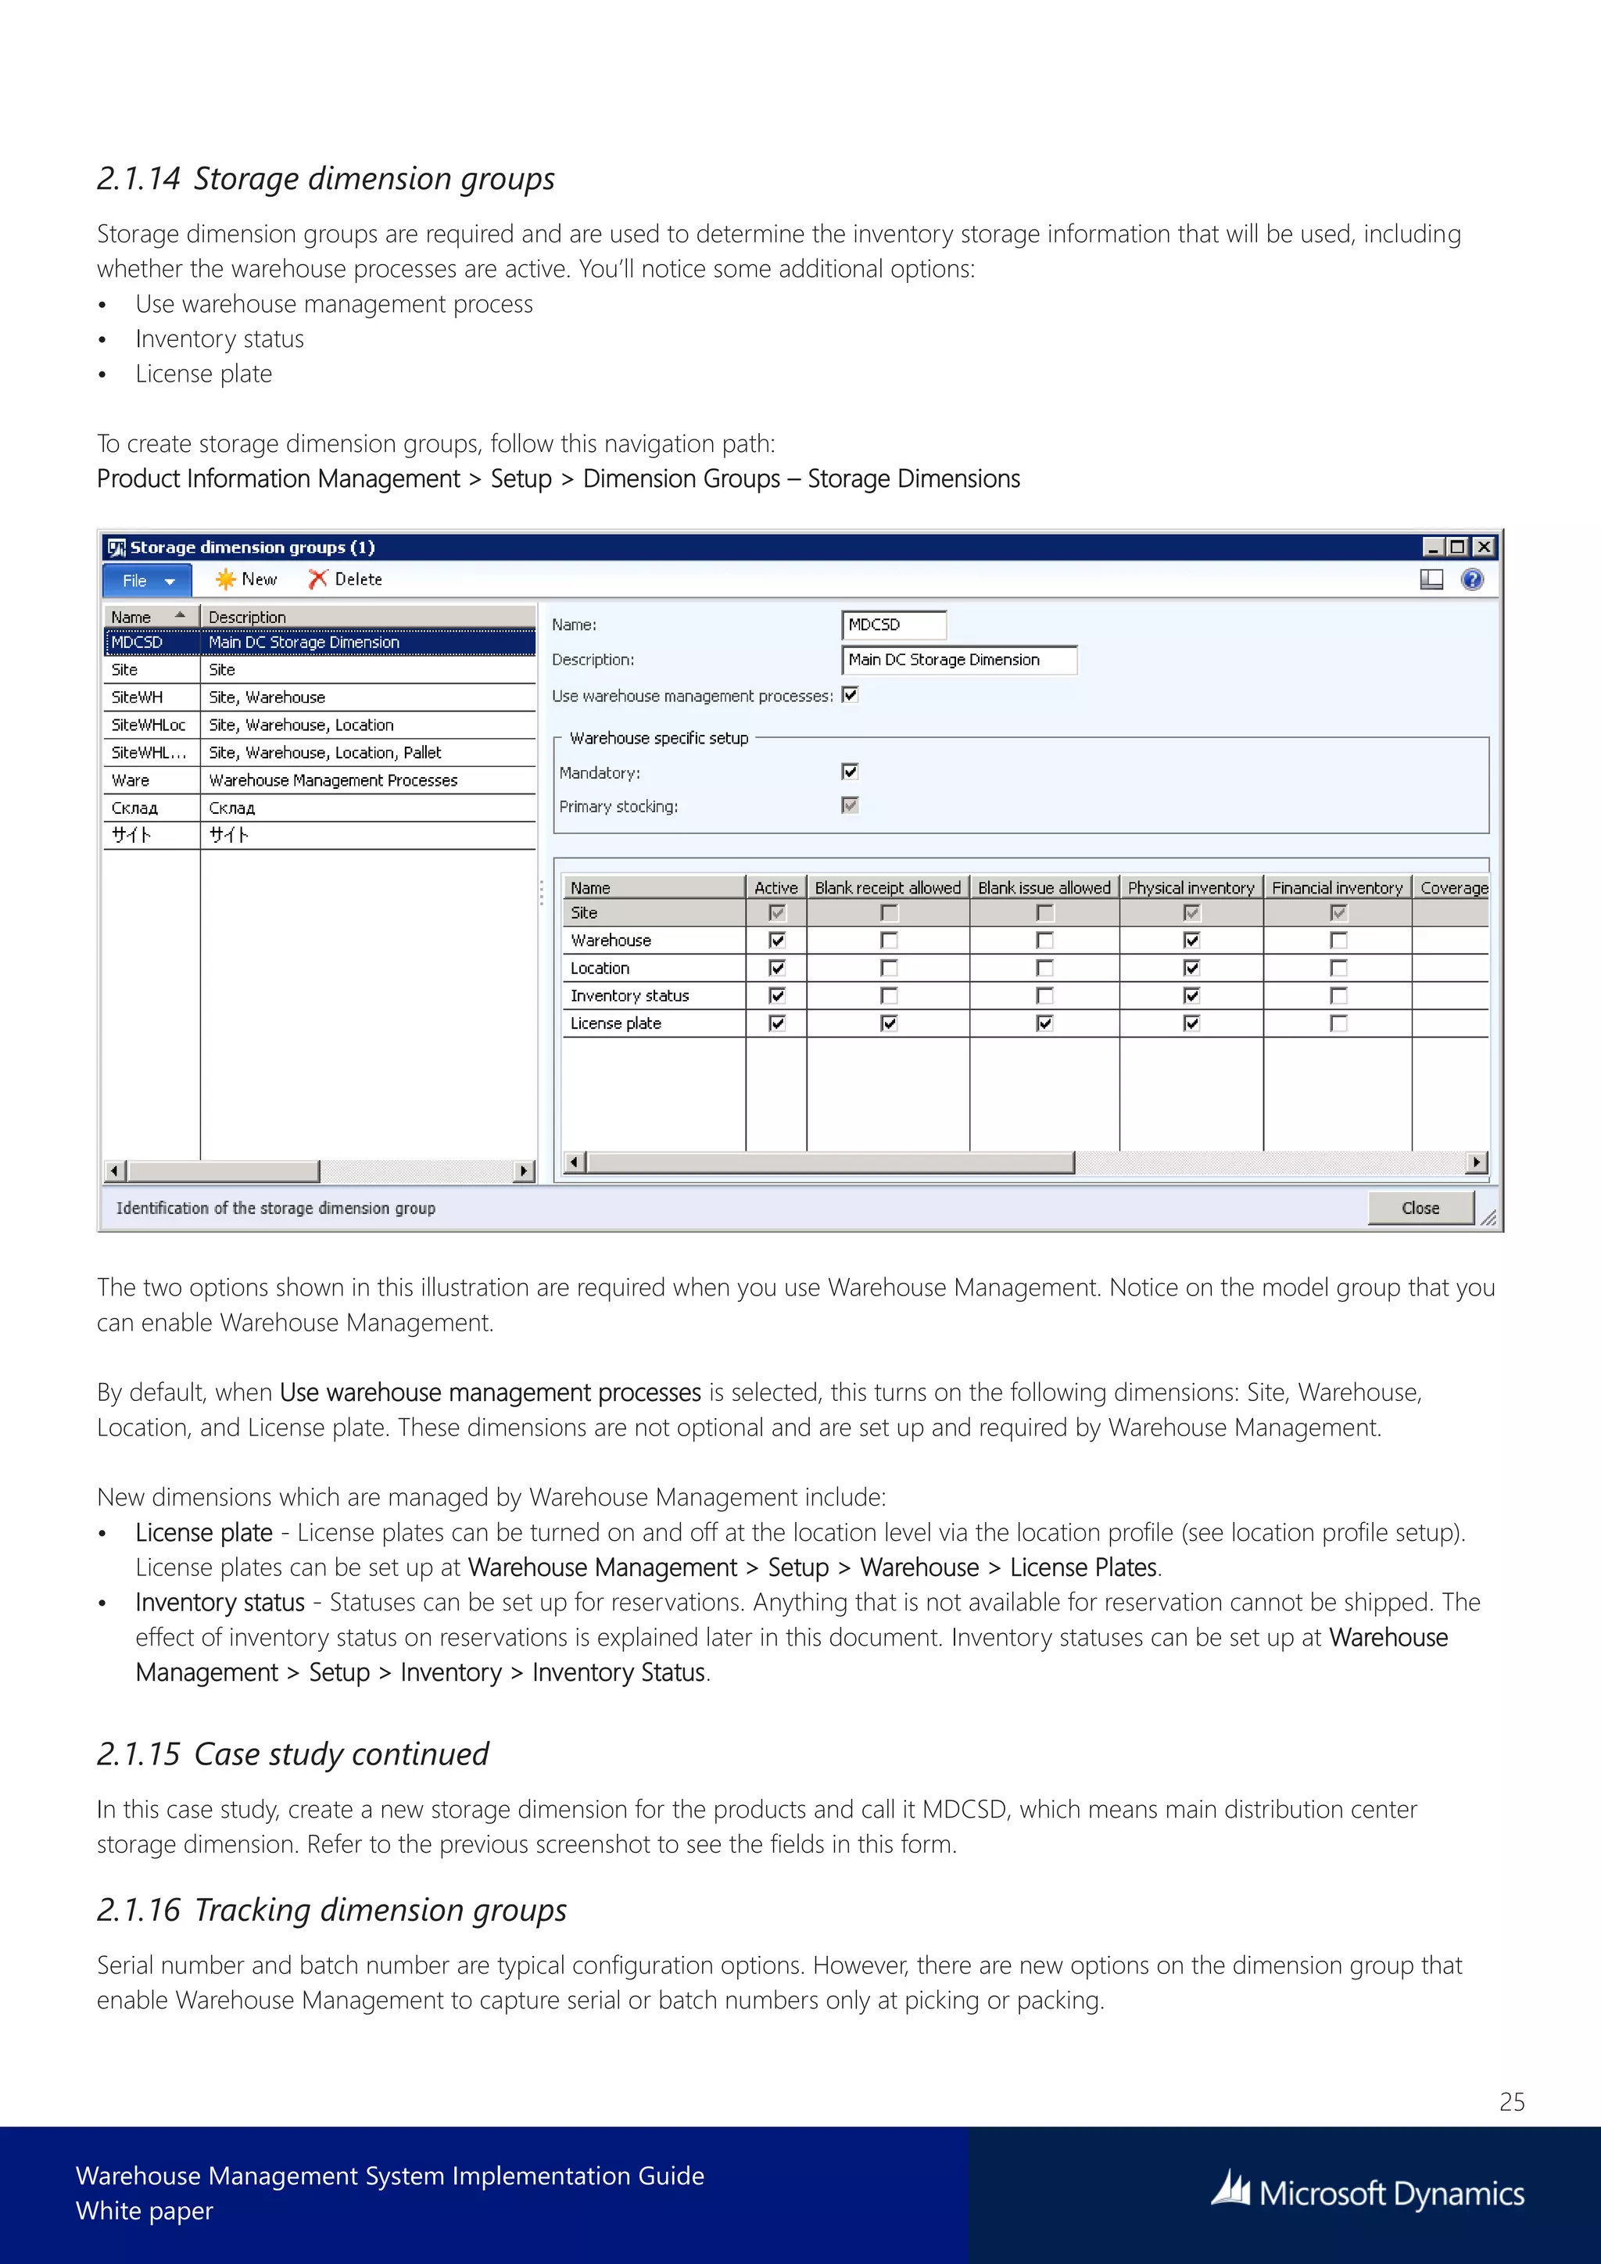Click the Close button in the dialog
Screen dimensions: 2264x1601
click(x=1420, y=1208)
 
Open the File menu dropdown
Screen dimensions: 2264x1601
click(x=148, y=581)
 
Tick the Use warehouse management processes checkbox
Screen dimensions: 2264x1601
click(x=850, y=695)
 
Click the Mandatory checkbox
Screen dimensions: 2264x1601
click(x=850, y=771)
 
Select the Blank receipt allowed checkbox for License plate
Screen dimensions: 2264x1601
click(x=888, y=1023)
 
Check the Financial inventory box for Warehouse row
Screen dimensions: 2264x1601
click(x=1338, y=940)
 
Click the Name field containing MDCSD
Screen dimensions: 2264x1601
click(x=894, y=625)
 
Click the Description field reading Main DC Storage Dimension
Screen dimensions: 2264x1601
click(x=958, y=660)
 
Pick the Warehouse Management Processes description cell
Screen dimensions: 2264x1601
click(x=333, y=780)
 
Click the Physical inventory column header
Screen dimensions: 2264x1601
click(x=1191, y=887)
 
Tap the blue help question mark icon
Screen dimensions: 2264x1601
click(x=1472, y=580)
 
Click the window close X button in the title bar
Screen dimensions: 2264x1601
click(x=1484, y=546)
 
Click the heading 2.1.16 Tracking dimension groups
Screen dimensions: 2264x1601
click(x=331, y=1910)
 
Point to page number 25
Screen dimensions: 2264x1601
click(x=1511, y=2101)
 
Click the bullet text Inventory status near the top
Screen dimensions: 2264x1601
click(x=220, y=339)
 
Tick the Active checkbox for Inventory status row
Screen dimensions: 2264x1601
click(x=777, y=996)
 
